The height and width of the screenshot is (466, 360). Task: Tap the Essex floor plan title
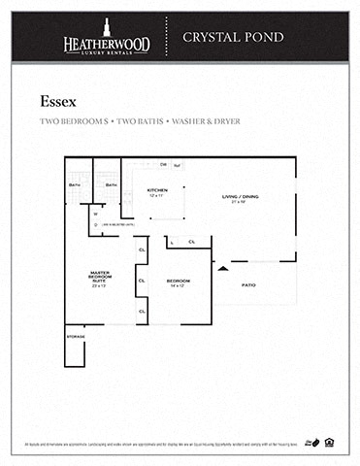[58, 100]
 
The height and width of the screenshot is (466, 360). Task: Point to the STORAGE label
[76, 336]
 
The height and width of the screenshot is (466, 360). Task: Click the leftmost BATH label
[75, 183]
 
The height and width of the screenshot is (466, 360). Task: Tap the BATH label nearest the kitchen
[112, 183]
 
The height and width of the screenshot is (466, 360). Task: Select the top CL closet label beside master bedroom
[142, 250]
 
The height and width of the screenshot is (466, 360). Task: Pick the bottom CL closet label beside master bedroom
[142, 311]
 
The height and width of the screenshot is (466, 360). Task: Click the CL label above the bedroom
[192, 242]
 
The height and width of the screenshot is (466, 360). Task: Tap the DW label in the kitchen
[164, 165]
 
